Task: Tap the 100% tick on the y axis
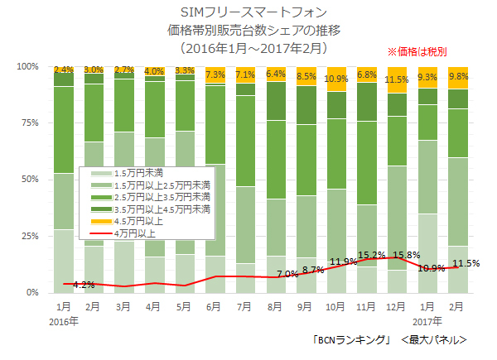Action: tap(27, 66)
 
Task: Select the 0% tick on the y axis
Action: tap(32, 293)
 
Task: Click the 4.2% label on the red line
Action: tap(84, 286)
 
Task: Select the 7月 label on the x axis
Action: tap(244, 306)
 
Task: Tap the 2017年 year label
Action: tap(428, 320)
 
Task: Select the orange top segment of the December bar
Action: tap(397, 80)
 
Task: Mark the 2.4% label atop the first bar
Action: tap(63, 70)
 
